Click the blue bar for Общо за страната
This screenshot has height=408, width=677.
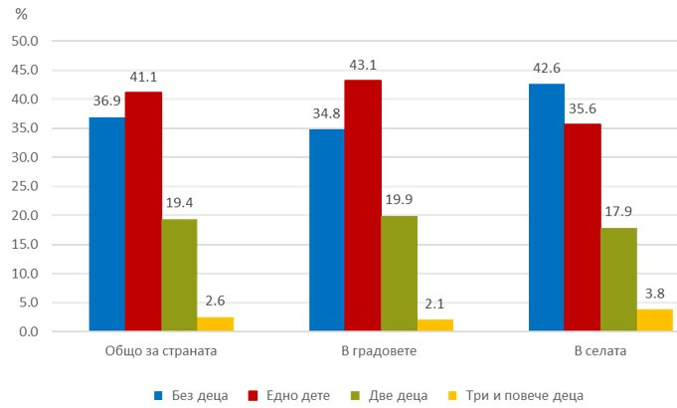pyautogui.click(x=106, y=224)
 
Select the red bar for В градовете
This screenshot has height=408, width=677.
pyautogui.click(x=363, y=206)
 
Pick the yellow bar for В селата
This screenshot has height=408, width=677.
pyautogui.click(x=655, y=320)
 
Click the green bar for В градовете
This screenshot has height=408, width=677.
pyautogui.click(x=399, y=274)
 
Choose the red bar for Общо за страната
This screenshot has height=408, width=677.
pyautogui.click(x=143, y=212)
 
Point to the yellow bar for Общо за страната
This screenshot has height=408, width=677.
pyautogui.click(x=215, y=323)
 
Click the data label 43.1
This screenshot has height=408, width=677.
pyautogui.click(x=363, y=66)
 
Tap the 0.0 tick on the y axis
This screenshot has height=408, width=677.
pyautogui.click(x=27, y=331)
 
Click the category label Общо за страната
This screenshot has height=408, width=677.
pyautogui.click(x=161, y=352)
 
